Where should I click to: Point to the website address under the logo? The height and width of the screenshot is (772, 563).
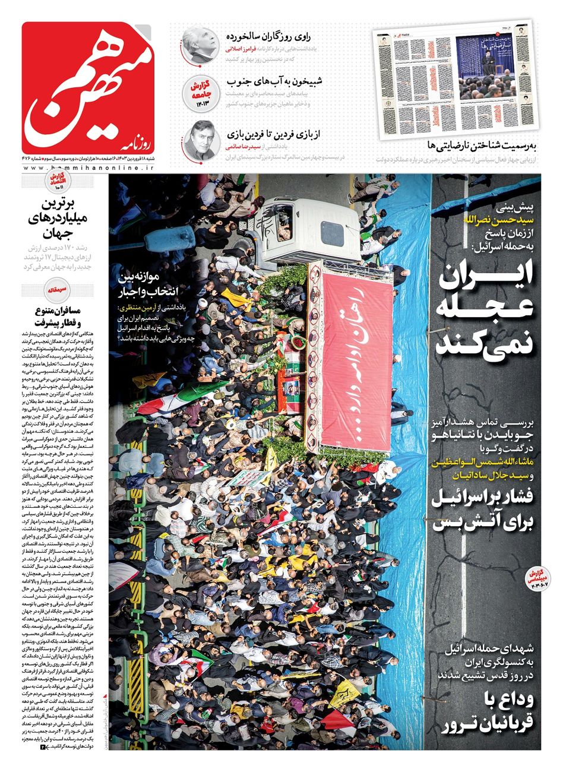click(x=89, y=169)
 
